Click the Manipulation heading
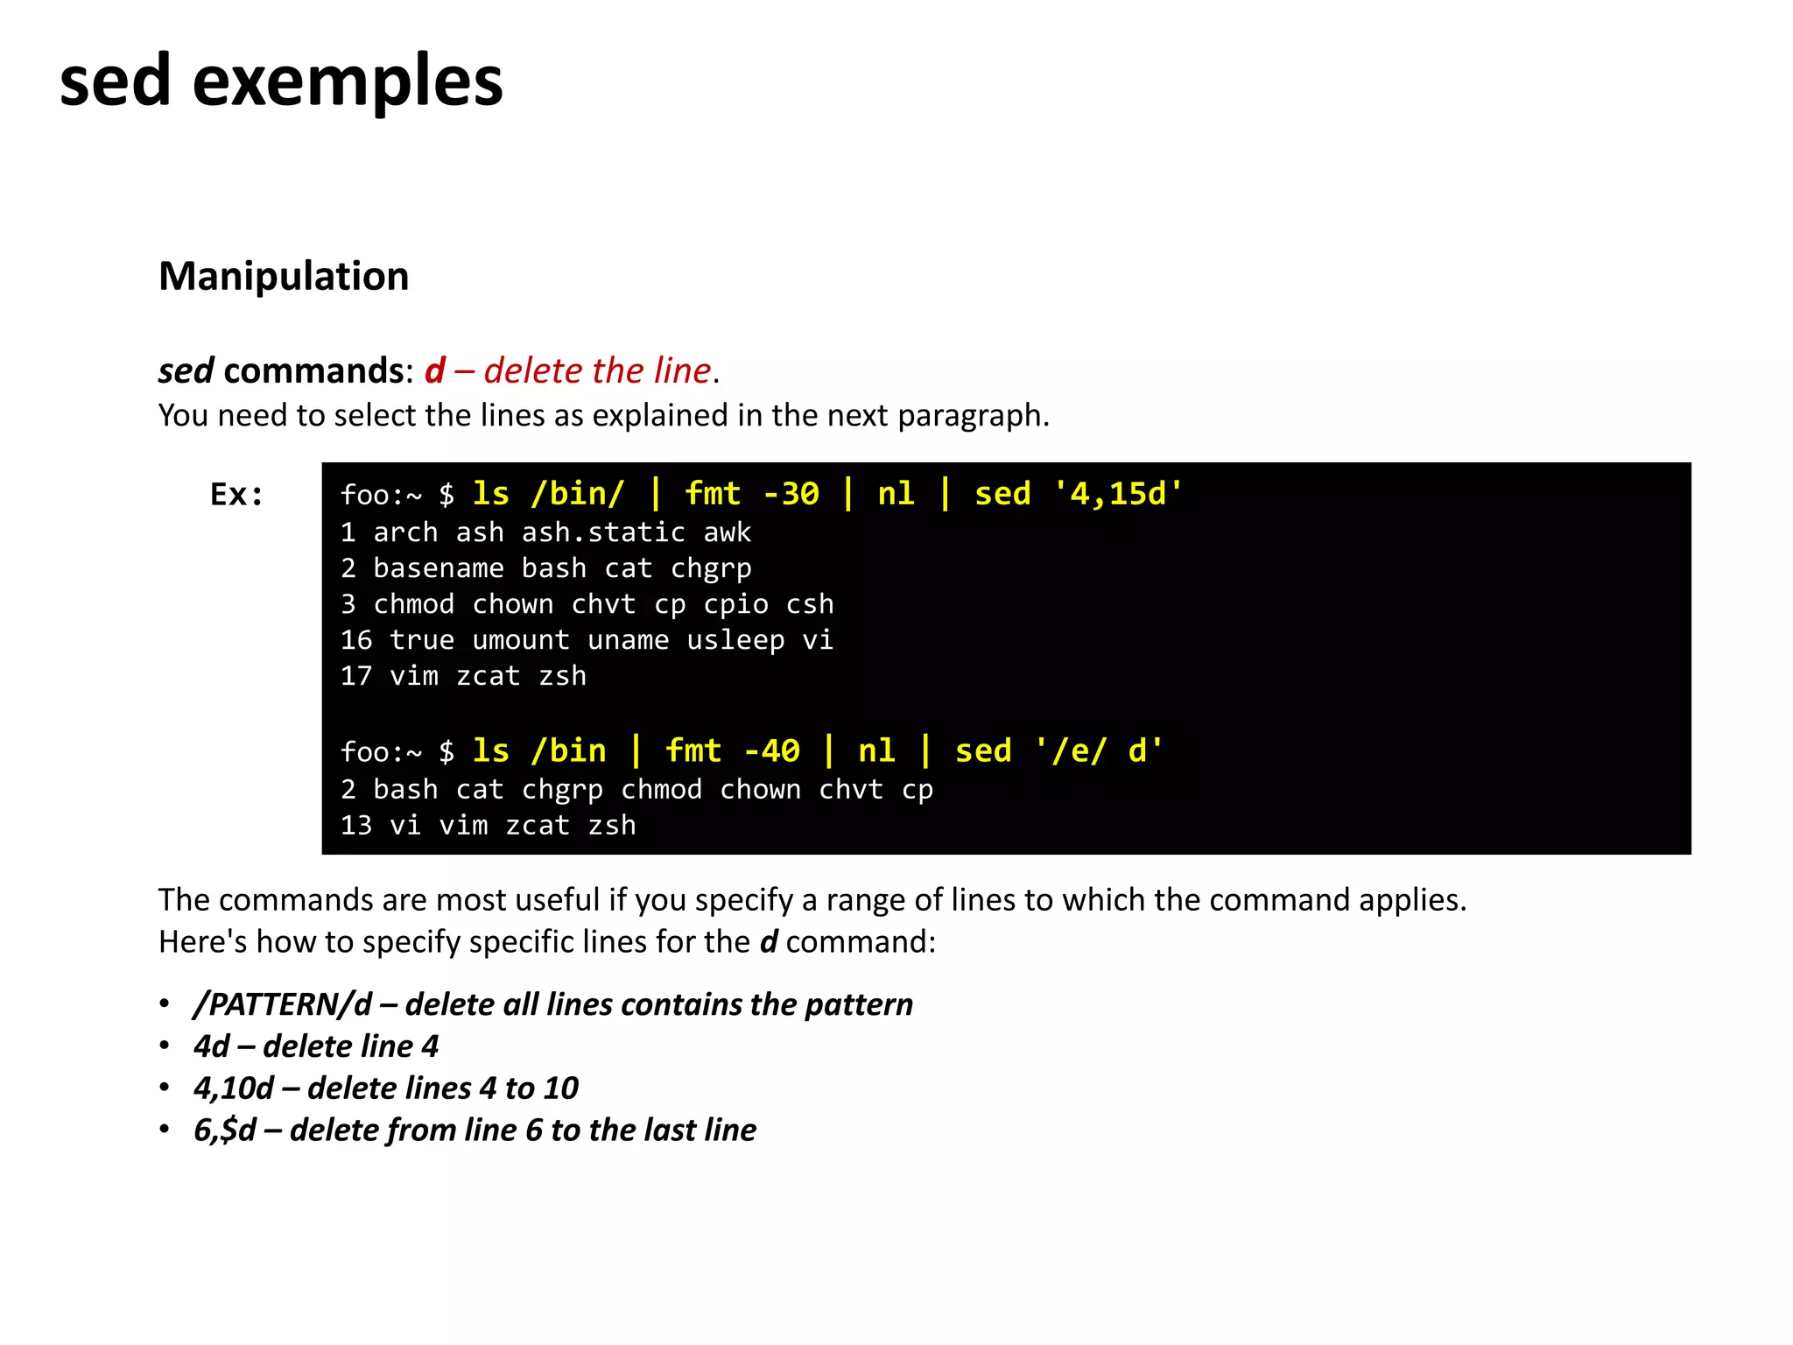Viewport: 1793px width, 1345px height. click(284, 277)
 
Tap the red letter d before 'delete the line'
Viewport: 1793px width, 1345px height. click(435, 371)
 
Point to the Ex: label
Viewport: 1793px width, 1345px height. click(236, 495)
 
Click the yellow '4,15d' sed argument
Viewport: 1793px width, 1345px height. click(1118, 494)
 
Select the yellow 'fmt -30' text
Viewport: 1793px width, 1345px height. click(751, 494)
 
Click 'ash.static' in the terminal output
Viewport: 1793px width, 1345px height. click(603, 532)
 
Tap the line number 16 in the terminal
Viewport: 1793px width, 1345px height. click(356, 640)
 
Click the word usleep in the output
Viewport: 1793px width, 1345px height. click(735, 640)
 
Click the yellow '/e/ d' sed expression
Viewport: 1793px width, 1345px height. click(1099, 751)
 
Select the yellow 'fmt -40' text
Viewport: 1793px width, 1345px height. click(732, 751)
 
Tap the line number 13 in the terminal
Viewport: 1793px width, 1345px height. click(356, 826)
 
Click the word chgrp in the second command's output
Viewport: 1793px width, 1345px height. click(562, 790)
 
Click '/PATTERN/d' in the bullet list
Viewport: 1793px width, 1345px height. click(283, 1004)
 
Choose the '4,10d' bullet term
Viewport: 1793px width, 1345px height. click(234, 1088)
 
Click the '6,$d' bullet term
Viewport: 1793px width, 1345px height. click(225, 1130)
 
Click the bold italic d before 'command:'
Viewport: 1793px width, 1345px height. click(768, 942)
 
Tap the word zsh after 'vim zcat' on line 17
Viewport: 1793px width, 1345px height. click(562, 676)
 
